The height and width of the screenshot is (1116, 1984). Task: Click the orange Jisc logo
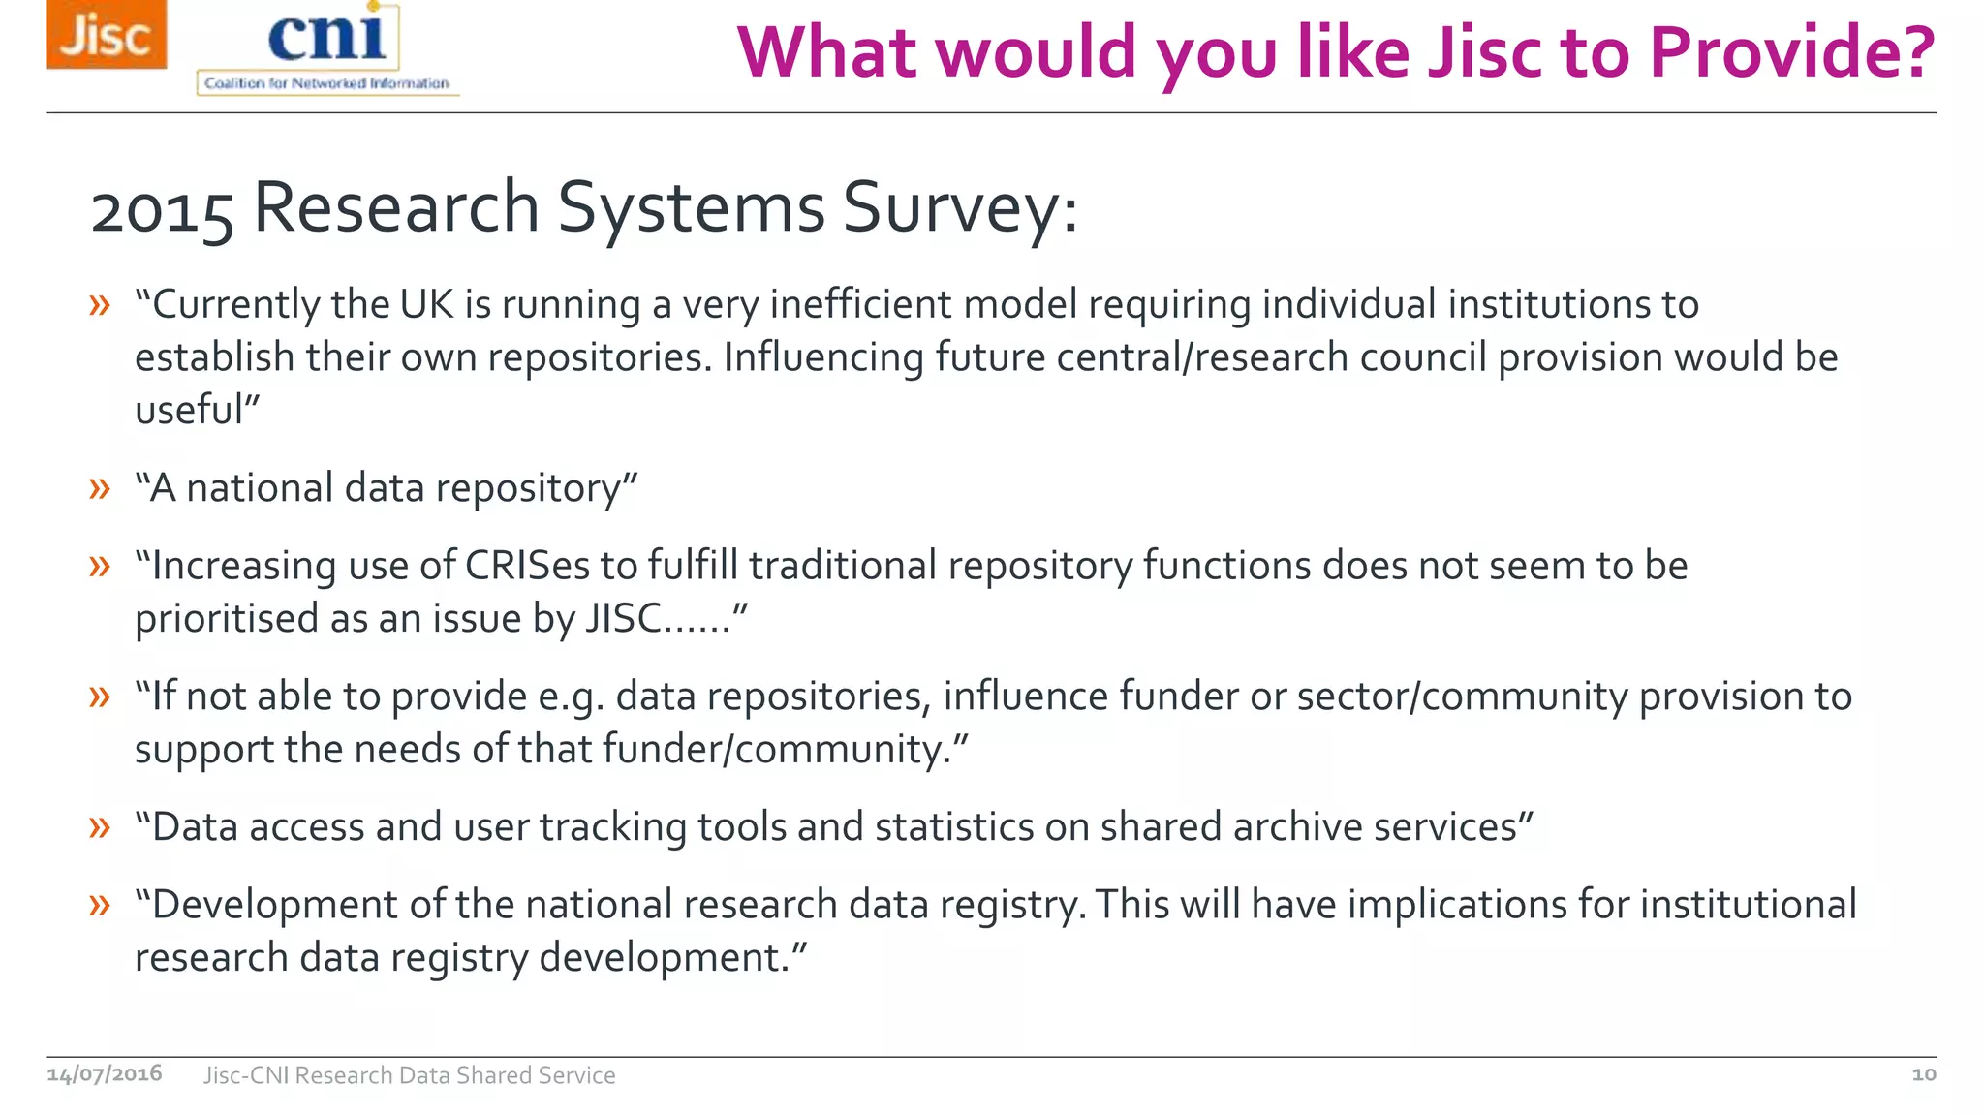coord(107,35)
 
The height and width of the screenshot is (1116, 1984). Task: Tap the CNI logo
coord(327,48)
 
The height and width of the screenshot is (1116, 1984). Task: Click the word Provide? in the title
coord(1791,52)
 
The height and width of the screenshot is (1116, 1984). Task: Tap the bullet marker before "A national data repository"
coord(100,487)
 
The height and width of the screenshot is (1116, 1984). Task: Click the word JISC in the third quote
coord(624,618)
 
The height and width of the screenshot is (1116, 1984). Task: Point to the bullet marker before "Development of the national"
coord(100,905)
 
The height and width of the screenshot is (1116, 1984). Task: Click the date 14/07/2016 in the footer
coord(105,1074)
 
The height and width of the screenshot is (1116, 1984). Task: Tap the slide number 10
coord(1923,1074)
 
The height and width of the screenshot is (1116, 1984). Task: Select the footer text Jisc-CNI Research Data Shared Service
coord(409,1075)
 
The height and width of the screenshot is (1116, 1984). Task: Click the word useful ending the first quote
coord(189,410)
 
